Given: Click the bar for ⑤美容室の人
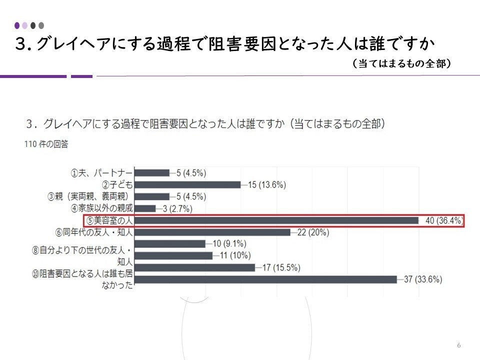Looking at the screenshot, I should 276,220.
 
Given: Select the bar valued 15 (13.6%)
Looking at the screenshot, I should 188,184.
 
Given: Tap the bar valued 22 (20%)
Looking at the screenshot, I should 213,232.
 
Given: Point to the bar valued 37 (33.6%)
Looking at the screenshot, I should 266,279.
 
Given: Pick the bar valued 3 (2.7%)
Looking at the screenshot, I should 145,208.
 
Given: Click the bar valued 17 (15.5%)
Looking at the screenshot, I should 195,267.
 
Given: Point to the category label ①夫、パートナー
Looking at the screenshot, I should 101,173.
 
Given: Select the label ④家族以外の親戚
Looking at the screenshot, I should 102,208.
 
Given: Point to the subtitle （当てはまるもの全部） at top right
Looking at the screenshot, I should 401,64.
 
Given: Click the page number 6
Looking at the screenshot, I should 458,345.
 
